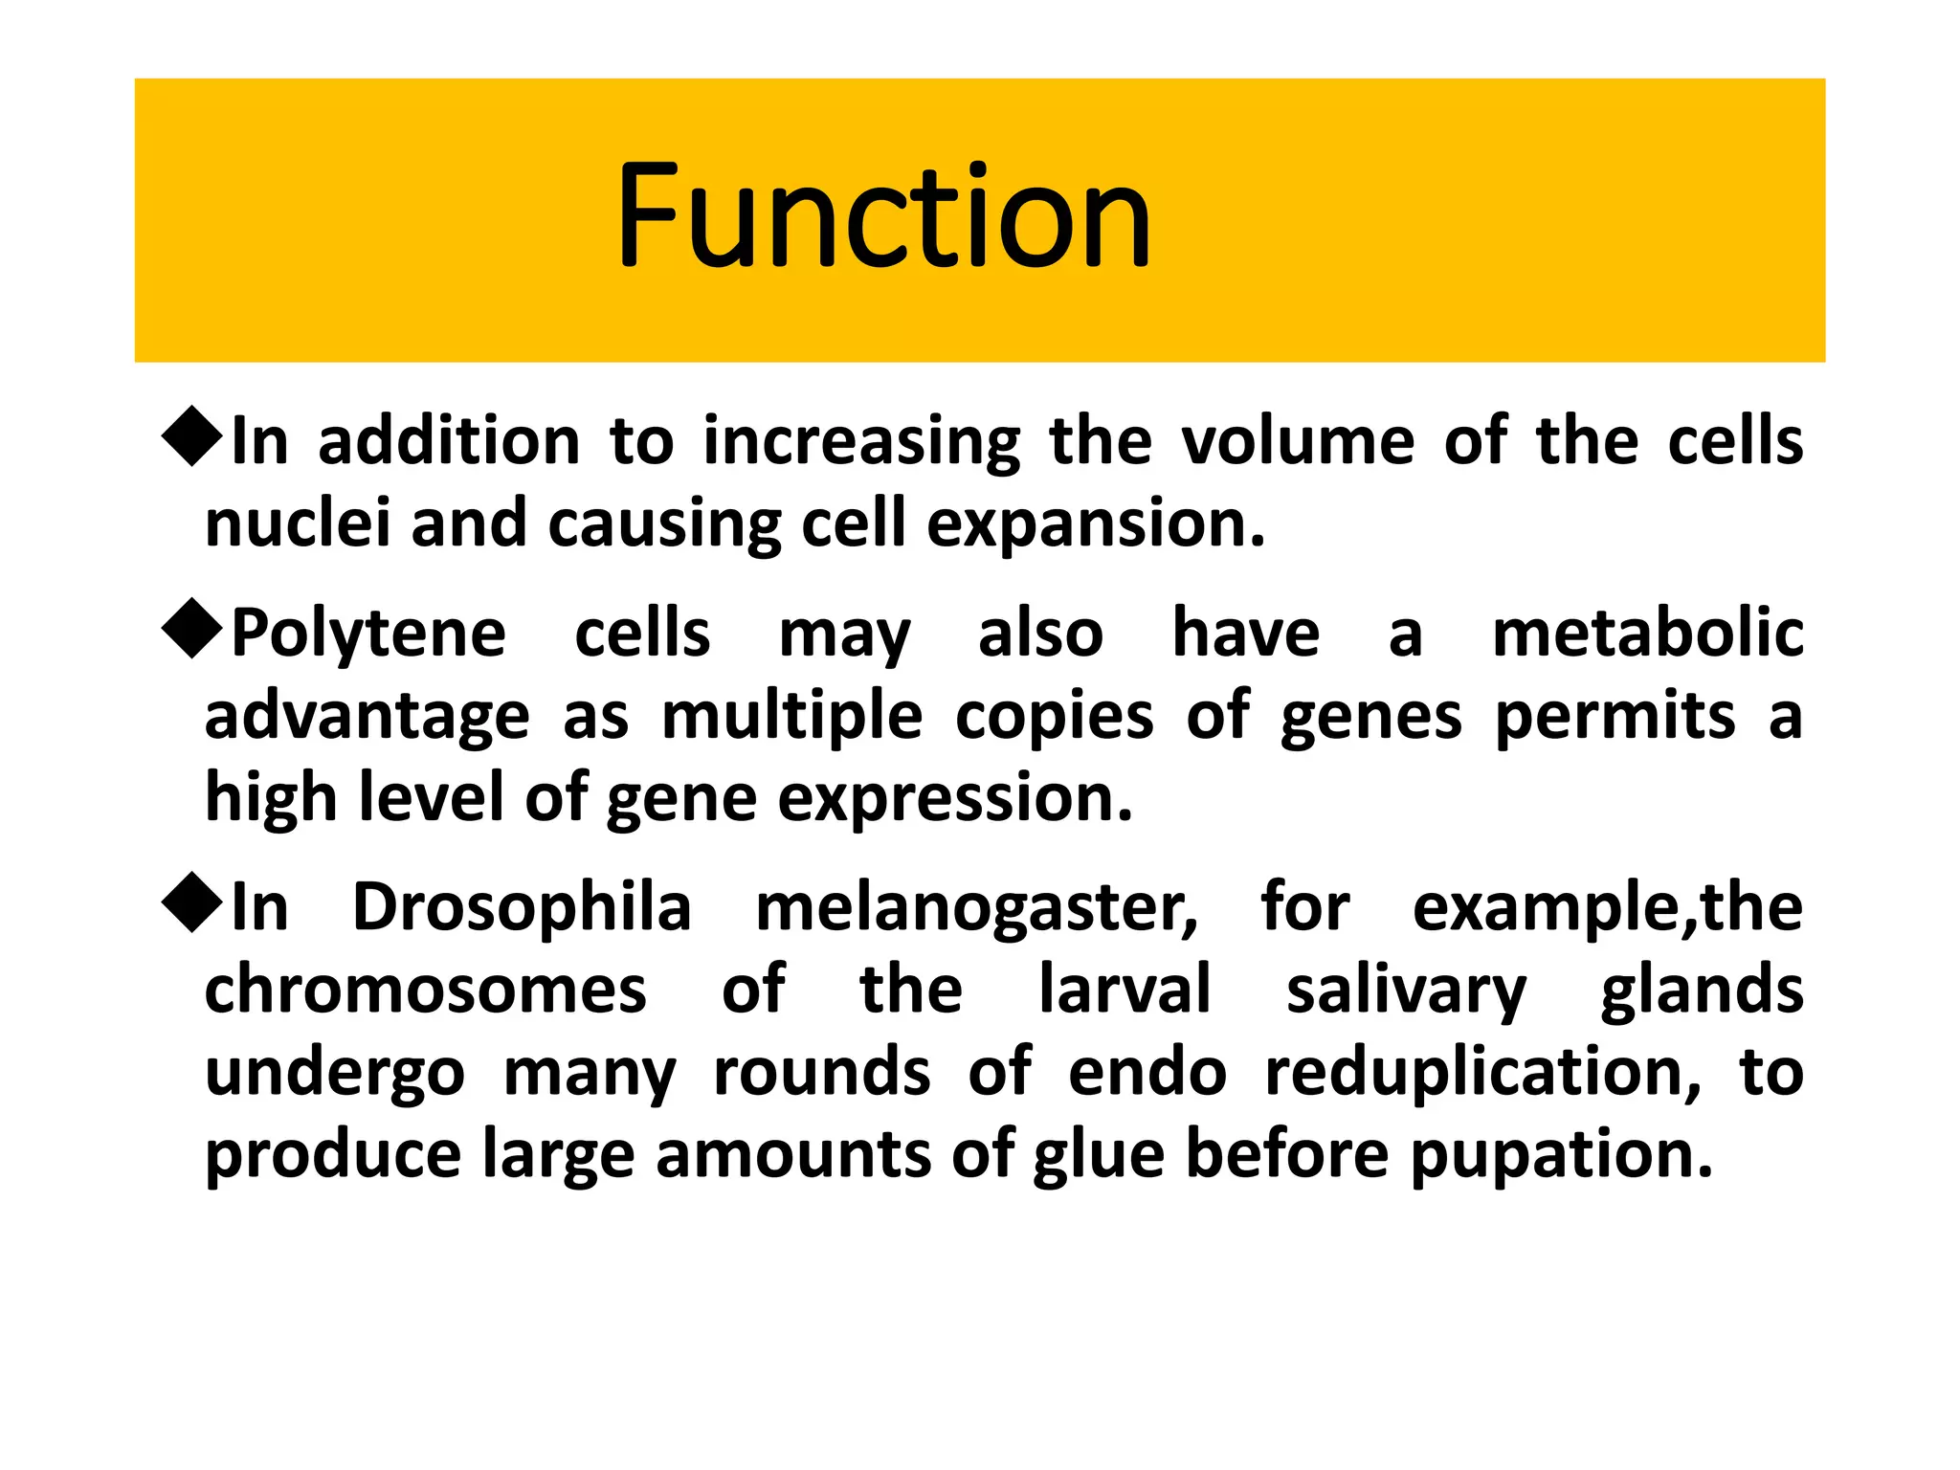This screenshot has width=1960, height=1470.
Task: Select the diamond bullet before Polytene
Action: pos(192,629)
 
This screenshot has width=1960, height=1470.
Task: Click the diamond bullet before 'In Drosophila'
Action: pos(192,902)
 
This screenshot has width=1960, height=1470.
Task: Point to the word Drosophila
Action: pos(522,907)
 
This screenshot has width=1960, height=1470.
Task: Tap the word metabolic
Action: pos(1647,634)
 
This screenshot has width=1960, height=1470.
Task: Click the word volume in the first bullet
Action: pos(1298,441)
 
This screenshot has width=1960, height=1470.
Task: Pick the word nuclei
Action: pos(298,523)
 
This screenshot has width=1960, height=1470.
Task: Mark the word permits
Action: pos(1615,718)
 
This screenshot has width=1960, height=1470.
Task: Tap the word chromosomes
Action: pos(426,991)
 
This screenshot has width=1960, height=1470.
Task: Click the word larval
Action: pos(1125,990)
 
